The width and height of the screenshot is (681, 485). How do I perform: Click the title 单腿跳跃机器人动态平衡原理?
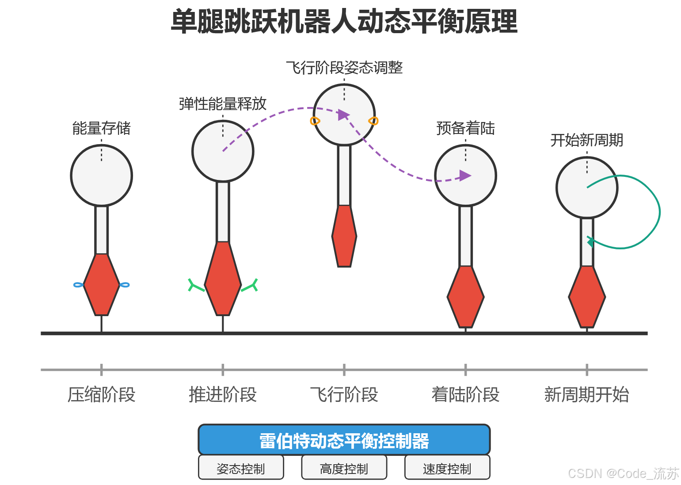point(344,21)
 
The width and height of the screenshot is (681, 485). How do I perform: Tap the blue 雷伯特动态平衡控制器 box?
point(344,440)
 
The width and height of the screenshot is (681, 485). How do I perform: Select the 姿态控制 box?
point(241,468)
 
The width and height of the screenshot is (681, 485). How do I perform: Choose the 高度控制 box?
point(344,468)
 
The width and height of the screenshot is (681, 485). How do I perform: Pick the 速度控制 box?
point(447,468)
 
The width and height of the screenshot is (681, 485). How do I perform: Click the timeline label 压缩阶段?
point(101,394)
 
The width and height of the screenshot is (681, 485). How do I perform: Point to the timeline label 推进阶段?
point(223,394)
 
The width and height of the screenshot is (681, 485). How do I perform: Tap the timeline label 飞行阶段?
point(344,394)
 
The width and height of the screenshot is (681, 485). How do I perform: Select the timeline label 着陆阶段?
point(465,394)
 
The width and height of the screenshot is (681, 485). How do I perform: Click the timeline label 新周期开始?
point(586,394)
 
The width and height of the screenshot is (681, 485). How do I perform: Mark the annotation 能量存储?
point(101,128)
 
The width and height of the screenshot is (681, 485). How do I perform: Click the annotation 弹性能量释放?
point(223,104)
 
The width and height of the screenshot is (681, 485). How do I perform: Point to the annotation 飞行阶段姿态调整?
point(344,68)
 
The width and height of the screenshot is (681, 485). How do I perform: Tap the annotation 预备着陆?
point(465,128)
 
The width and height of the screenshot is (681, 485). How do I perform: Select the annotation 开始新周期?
point(586,140)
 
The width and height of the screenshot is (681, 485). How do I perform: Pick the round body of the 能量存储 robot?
point(101,176)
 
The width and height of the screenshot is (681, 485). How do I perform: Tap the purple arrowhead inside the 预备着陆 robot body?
point(464,176)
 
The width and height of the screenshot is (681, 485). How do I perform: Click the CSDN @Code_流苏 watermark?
point(623,474)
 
